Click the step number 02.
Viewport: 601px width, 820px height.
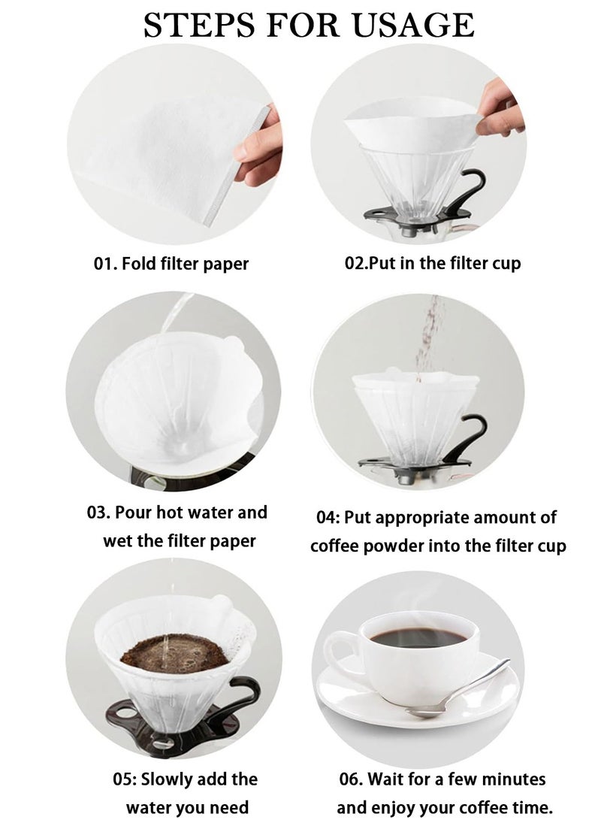[358, 264]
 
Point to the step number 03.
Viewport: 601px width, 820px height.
[98, 513]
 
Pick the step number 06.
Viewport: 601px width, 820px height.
[352, 779]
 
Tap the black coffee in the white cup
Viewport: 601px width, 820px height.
[418, 637]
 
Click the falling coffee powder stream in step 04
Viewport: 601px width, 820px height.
[430, 334]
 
